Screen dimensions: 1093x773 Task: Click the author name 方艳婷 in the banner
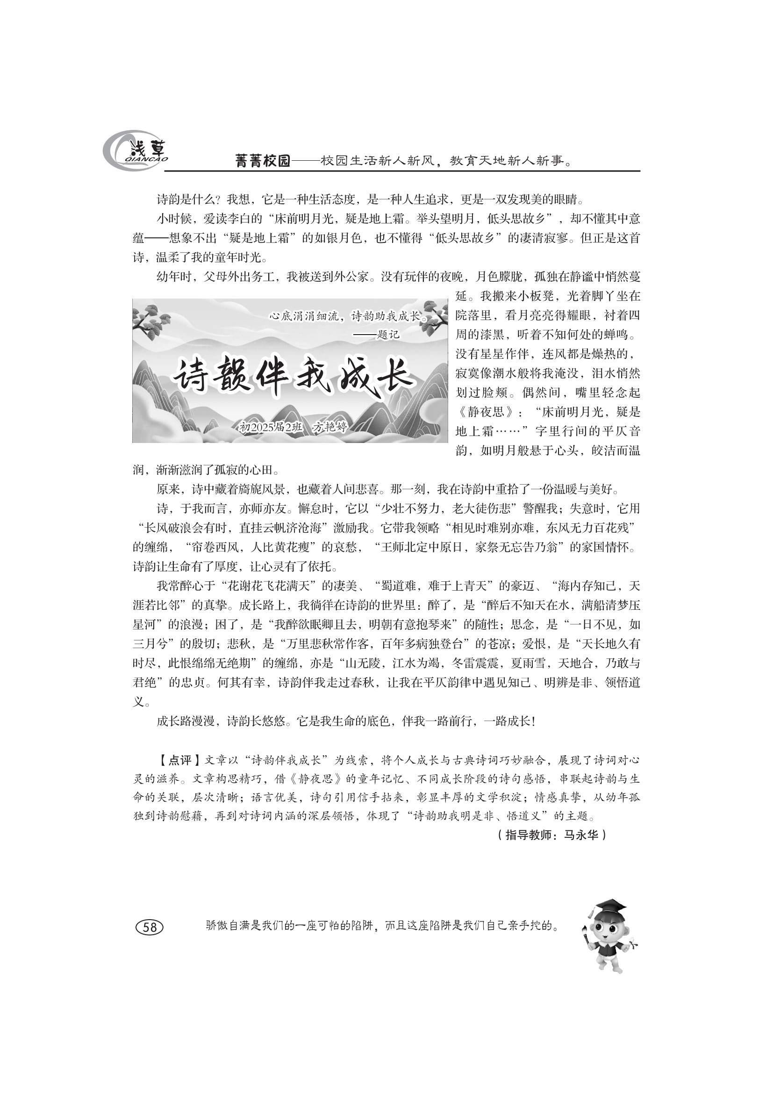(330, 427)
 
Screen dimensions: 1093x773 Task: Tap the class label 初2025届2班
(270, 427)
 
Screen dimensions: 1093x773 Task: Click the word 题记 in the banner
(388, 335)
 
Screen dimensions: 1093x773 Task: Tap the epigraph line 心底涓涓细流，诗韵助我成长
(347, 315)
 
